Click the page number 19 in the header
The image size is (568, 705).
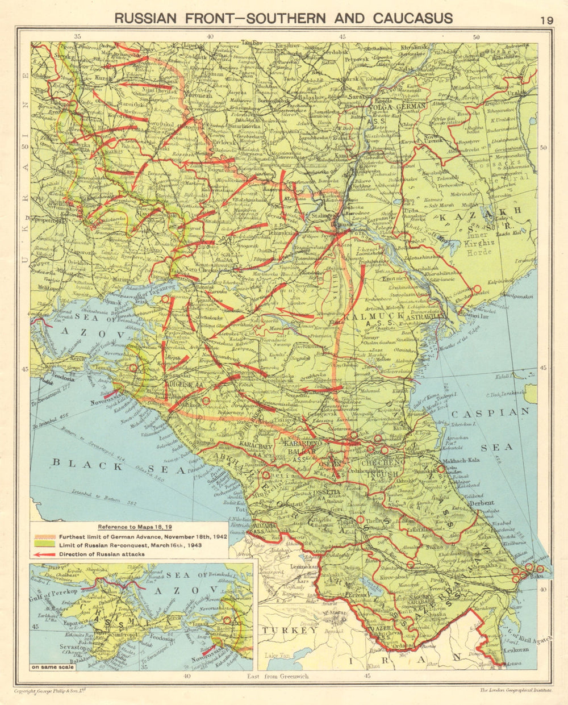(x=546, y=20)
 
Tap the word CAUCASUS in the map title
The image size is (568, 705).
(x=412, y=18)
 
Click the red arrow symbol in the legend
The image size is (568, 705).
(x=44, y=554)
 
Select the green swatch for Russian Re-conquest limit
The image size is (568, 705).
(x=44, y=545)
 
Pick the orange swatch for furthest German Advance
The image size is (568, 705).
(x=44, y=536)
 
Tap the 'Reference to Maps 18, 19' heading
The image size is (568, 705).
(x=130, y=527)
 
